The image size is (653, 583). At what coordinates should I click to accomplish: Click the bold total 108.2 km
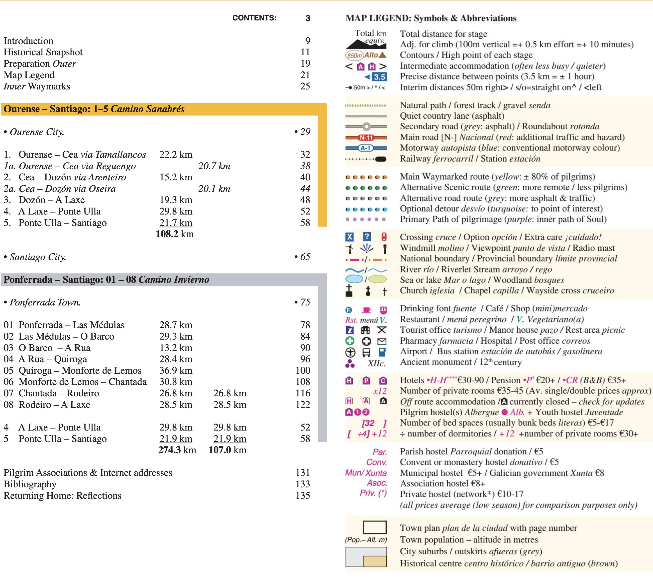click(175, 234)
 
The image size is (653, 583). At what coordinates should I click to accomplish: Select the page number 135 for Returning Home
click(303, 496)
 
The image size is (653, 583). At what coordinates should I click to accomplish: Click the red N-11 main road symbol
click(366, 138)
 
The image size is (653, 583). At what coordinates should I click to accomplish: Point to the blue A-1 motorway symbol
click(366, 148)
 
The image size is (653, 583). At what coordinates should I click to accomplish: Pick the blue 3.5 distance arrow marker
click(376, 77)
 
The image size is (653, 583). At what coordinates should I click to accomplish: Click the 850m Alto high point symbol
click(366, 55)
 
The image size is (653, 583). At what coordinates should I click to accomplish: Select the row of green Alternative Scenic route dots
click(366, 188)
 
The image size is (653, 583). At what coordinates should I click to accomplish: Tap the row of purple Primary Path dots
click(366, 219)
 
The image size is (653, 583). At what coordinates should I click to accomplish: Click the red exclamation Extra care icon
click(384, 237)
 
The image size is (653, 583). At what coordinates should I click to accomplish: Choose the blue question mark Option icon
click(367, 237)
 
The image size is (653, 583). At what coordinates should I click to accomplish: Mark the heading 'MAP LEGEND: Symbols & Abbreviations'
click(431, 18)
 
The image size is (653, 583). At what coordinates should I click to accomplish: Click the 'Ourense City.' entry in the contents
click(37, 132)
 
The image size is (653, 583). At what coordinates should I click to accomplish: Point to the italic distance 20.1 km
click(214, 189)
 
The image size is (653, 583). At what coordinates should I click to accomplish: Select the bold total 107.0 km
click(227, 450)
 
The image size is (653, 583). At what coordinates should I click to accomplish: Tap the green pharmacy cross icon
click(350, 341)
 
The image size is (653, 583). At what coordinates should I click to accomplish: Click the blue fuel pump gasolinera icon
click(383, 352)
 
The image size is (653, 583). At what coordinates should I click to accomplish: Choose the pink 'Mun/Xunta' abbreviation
click(366, 473)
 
